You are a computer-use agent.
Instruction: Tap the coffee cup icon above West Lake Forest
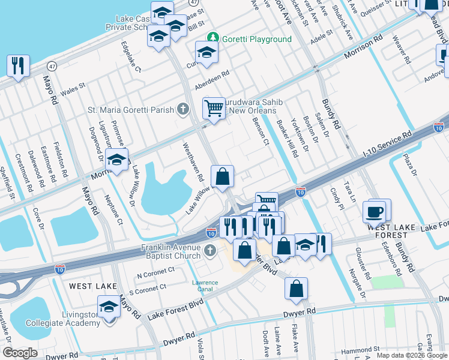(x=376, y=211)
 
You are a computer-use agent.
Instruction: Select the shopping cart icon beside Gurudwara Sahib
(x=214, y=108)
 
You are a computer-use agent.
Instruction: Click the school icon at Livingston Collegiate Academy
(x=109, y=306)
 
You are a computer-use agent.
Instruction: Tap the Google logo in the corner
(x=20, y=353)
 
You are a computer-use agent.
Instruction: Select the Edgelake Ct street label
(x=131, y=56)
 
